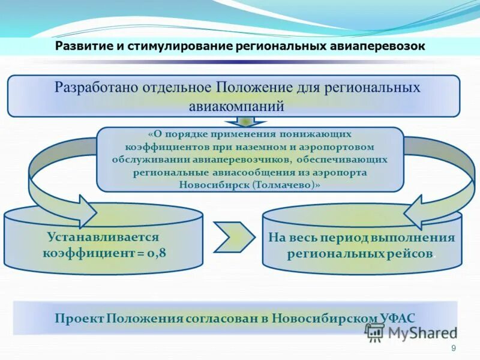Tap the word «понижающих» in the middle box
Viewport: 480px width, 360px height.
point(317,134)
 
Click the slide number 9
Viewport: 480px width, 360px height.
point(453,349)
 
